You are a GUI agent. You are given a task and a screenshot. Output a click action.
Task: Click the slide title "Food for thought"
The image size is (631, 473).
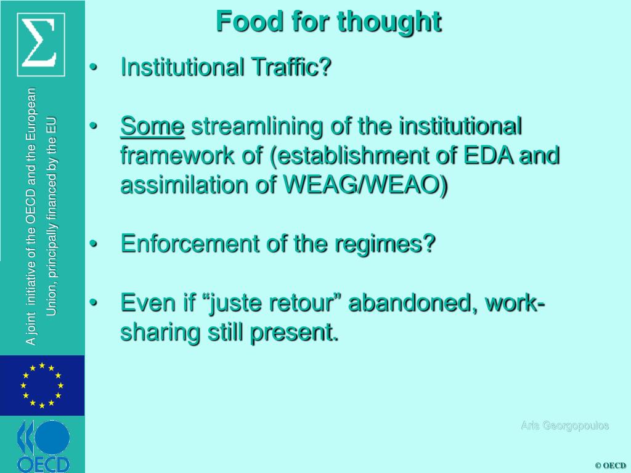328,22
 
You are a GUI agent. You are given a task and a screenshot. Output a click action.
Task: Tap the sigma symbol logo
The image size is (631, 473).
41,44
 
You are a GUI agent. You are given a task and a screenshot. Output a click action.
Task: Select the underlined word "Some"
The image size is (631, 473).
153,127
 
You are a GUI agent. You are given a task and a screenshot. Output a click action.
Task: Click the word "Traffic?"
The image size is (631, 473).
290,67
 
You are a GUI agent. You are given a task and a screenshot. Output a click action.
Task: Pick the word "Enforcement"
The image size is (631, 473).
190,244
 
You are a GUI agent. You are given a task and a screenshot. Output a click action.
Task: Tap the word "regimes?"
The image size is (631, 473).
385,245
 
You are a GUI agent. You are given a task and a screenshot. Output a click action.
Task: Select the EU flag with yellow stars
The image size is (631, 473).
42,386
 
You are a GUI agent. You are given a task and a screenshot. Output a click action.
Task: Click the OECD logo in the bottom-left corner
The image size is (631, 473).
43,445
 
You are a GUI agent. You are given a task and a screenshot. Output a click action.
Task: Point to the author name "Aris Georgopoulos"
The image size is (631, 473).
564,426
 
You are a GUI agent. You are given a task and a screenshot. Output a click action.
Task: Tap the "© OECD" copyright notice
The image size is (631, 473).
610,466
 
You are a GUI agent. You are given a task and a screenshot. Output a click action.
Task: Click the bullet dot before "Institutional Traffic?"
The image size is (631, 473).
94,67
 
